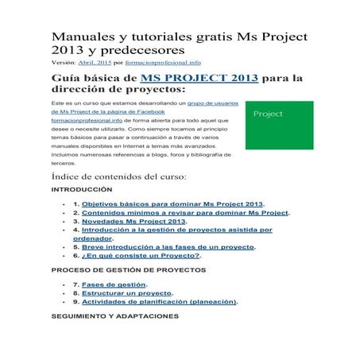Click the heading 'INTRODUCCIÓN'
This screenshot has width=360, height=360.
click(81, 192)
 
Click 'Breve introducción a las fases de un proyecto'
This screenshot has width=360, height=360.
click(168, 247)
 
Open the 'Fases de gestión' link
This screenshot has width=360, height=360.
click(114, 284)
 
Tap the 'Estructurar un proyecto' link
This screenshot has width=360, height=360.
click(127, 293)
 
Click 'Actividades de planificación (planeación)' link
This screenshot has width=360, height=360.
click(159, 302)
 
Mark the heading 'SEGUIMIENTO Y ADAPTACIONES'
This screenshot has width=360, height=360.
click(114, 316)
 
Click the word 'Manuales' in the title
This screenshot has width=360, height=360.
click(81, 37)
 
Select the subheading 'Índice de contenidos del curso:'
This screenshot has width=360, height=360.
click(118, 176)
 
